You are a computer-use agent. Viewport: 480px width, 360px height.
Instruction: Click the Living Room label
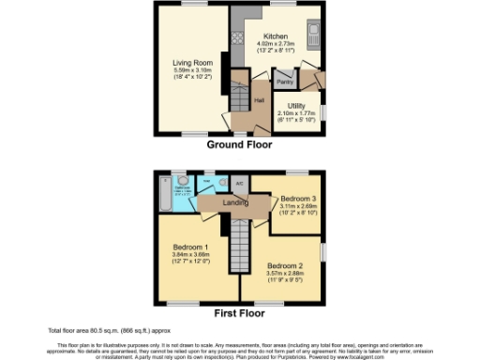pos(190,63)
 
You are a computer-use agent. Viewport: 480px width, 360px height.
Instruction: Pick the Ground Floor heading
pos(240,146)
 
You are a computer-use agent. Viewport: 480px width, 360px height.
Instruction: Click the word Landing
pos(234,202)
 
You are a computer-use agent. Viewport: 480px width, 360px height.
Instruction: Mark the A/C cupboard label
pos(240,184)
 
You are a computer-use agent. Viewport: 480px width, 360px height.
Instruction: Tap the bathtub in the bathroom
pos(168,194)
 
